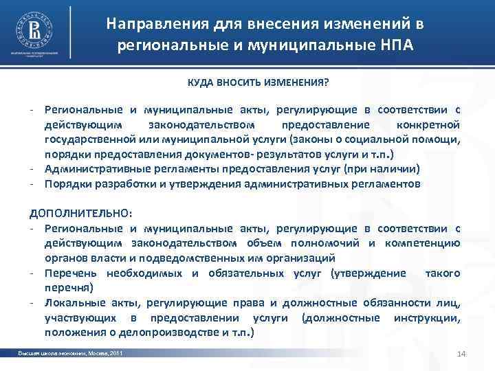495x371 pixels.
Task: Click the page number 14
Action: (461, 354)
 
